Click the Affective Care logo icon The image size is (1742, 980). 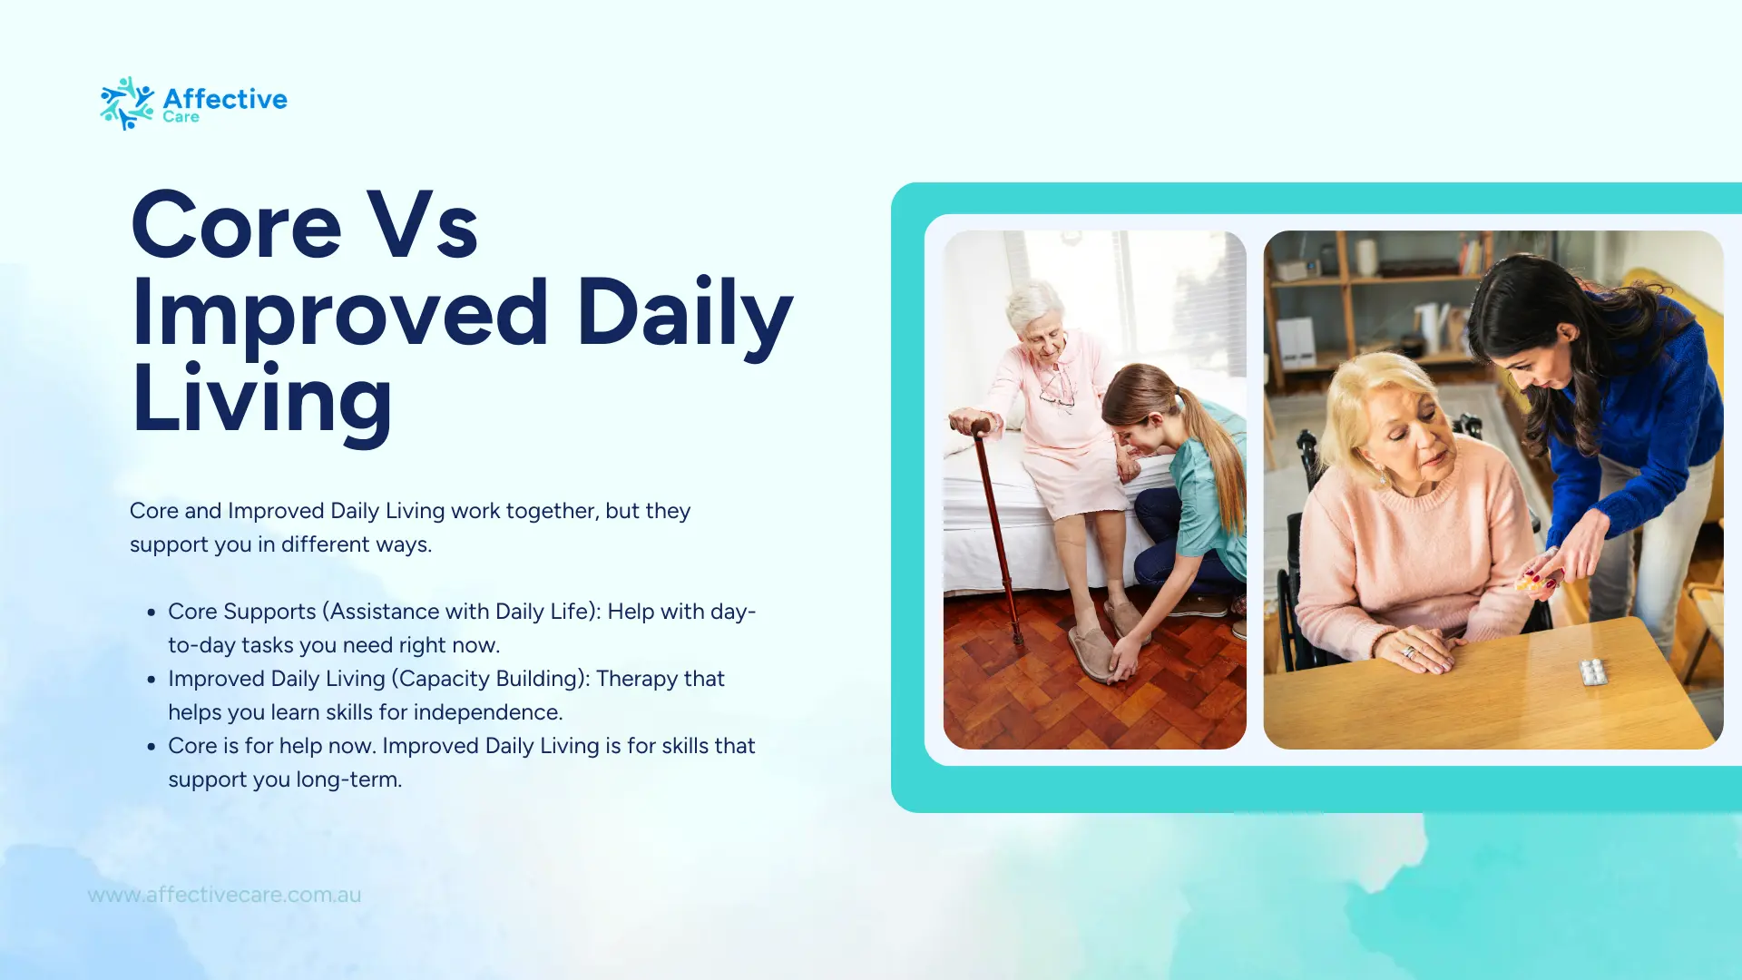(x=127, y=103)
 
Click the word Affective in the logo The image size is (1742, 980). (x=225, y=98)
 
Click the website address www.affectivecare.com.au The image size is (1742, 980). (x=224, y=895)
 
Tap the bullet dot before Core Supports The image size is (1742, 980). (x=152, y=612)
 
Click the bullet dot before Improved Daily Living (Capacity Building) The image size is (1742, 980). (x=152, y=680)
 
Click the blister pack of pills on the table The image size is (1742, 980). (x=1593, y=671)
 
